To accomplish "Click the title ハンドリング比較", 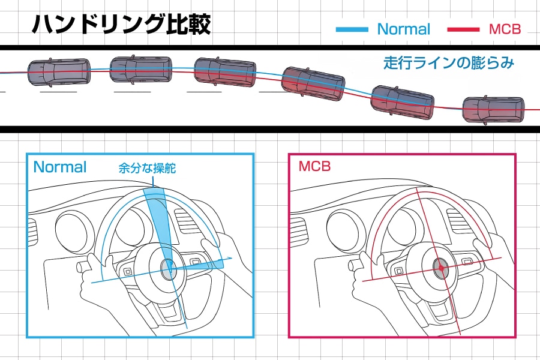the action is coord(121,24).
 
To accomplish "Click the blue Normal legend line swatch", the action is coord(352,29).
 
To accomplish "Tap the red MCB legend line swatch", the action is coord(463,29).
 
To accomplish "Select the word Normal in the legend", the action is coord(404,29).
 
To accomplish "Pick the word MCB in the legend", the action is coord(505,29).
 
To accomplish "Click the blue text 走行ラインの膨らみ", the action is coord(449,62).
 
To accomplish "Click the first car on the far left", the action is coord(59,73).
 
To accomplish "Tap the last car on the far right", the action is coord(493,110).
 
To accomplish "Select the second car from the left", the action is coord(141,70).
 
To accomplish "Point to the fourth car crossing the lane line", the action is coord(313,83).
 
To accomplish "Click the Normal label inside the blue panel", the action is coord(60,167).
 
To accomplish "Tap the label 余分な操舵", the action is coord(147,168).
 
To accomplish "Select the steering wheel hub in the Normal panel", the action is coord(169,268).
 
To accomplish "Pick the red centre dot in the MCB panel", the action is coord(441,268).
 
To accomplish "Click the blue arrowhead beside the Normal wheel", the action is coord(229,259).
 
